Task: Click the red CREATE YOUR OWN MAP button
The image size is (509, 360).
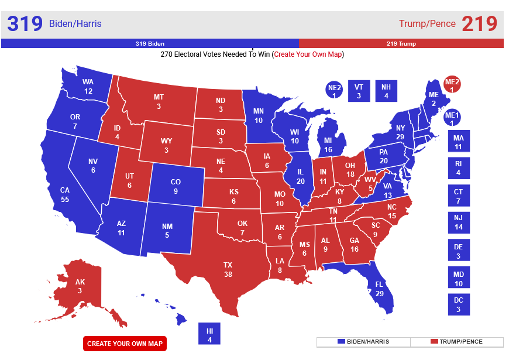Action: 125,343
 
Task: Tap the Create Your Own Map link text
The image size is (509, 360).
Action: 308,54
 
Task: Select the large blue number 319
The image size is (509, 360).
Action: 25,24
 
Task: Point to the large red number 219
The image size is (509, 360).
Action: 479,24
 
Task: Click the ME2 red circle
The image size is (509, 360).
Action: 452,85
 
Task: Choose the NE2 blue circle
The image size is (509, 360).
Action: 334,91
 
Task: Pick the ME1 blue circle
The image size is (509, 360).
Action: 452,119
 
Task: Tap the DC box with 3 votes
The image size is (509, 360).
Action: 459,304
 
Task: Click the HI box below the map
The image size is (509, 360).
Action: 209,335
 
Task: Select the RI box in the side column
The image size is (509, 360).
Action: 459,168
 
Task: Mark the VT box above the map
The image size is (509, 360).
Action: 359,91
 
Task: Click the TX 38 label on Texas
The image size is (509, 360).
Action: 228,269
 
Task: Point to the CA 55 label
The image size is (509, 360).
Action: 65,194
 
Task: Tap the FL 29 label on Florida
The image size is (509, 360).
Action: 379,289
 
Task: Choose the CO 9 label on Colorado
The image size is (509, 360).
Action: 176,186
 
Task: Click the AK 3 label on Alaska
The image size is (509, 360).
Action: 80,286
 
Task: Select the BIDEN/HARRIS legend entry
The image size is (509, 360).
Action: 363,342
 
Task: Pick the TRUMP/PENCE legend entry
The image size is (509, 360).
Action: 457,342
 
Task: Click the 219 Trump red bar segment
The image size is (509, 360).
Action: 401,43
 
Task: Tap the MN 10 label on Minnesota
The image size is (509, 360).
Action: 258,115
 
